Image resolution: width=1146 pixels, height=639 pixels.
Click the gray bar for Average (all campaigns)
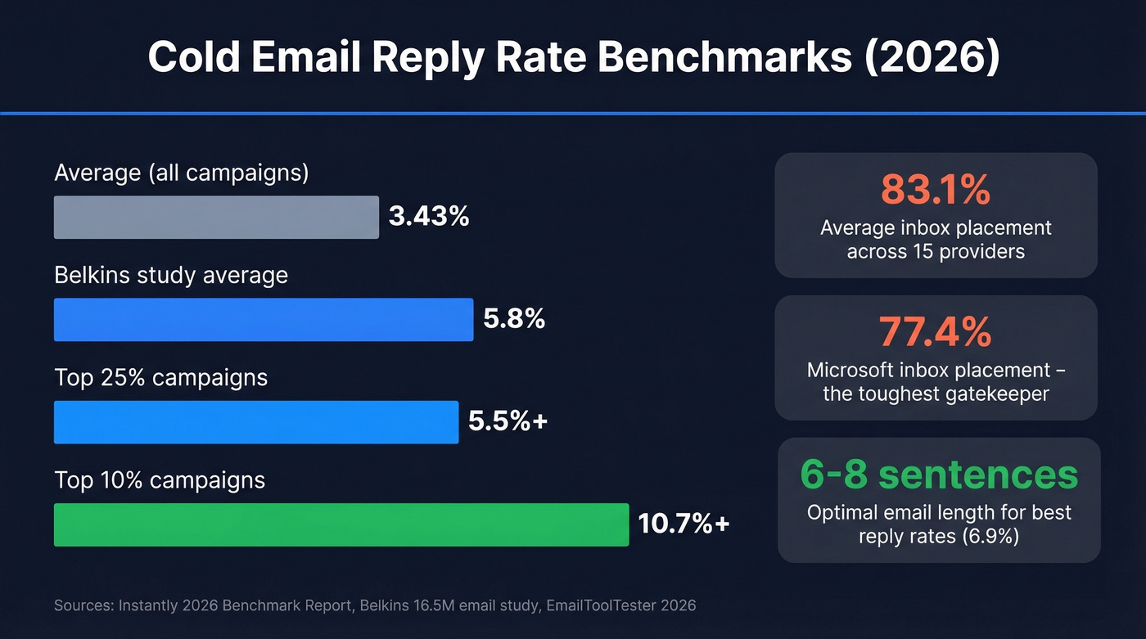pyautogui.click(x=216, y=217)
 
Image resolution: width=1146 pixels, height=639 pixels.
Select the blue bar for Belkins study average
pyautogui.click(x=263, y=319)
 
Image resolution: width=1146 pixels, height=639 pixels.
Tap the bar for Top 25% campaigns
pyautogui.click(x=255, y=422)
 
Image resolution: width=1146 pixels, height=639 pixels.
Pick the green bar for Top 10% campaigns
pyautogui.click(x=341, y=524)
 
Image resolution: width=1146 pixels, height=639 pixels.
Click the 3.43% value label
pyautogui.click(x=429, y=217)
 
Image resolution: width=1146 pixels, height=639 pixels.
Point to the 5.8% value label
pyautogui.click(x=514, y=319)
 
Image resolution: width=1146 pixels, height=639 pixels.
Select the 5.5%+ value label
pyautogui.click(x=508, y=421)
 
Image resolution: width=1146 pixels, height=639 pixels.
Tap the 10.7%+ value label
pyautogui.click(x=684, y=524)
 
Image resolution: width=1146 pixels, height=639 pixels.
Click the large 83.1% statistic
pyautogui.click(x=936, y=190)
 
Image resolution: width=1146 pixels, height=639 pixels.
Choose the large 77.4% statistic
pyautogui.click(x=936, y=332)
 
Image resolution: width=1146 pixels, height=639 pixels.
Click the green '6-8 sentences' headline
pyautogui.click(x=939, y=475)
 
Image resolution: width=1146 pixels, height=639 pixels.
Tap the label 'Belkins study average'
pyautogui.click(x=171, y=276)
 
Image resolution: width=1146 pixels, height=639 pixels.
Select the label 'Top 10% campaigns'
pyautogui.click(x=160, y=480)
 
